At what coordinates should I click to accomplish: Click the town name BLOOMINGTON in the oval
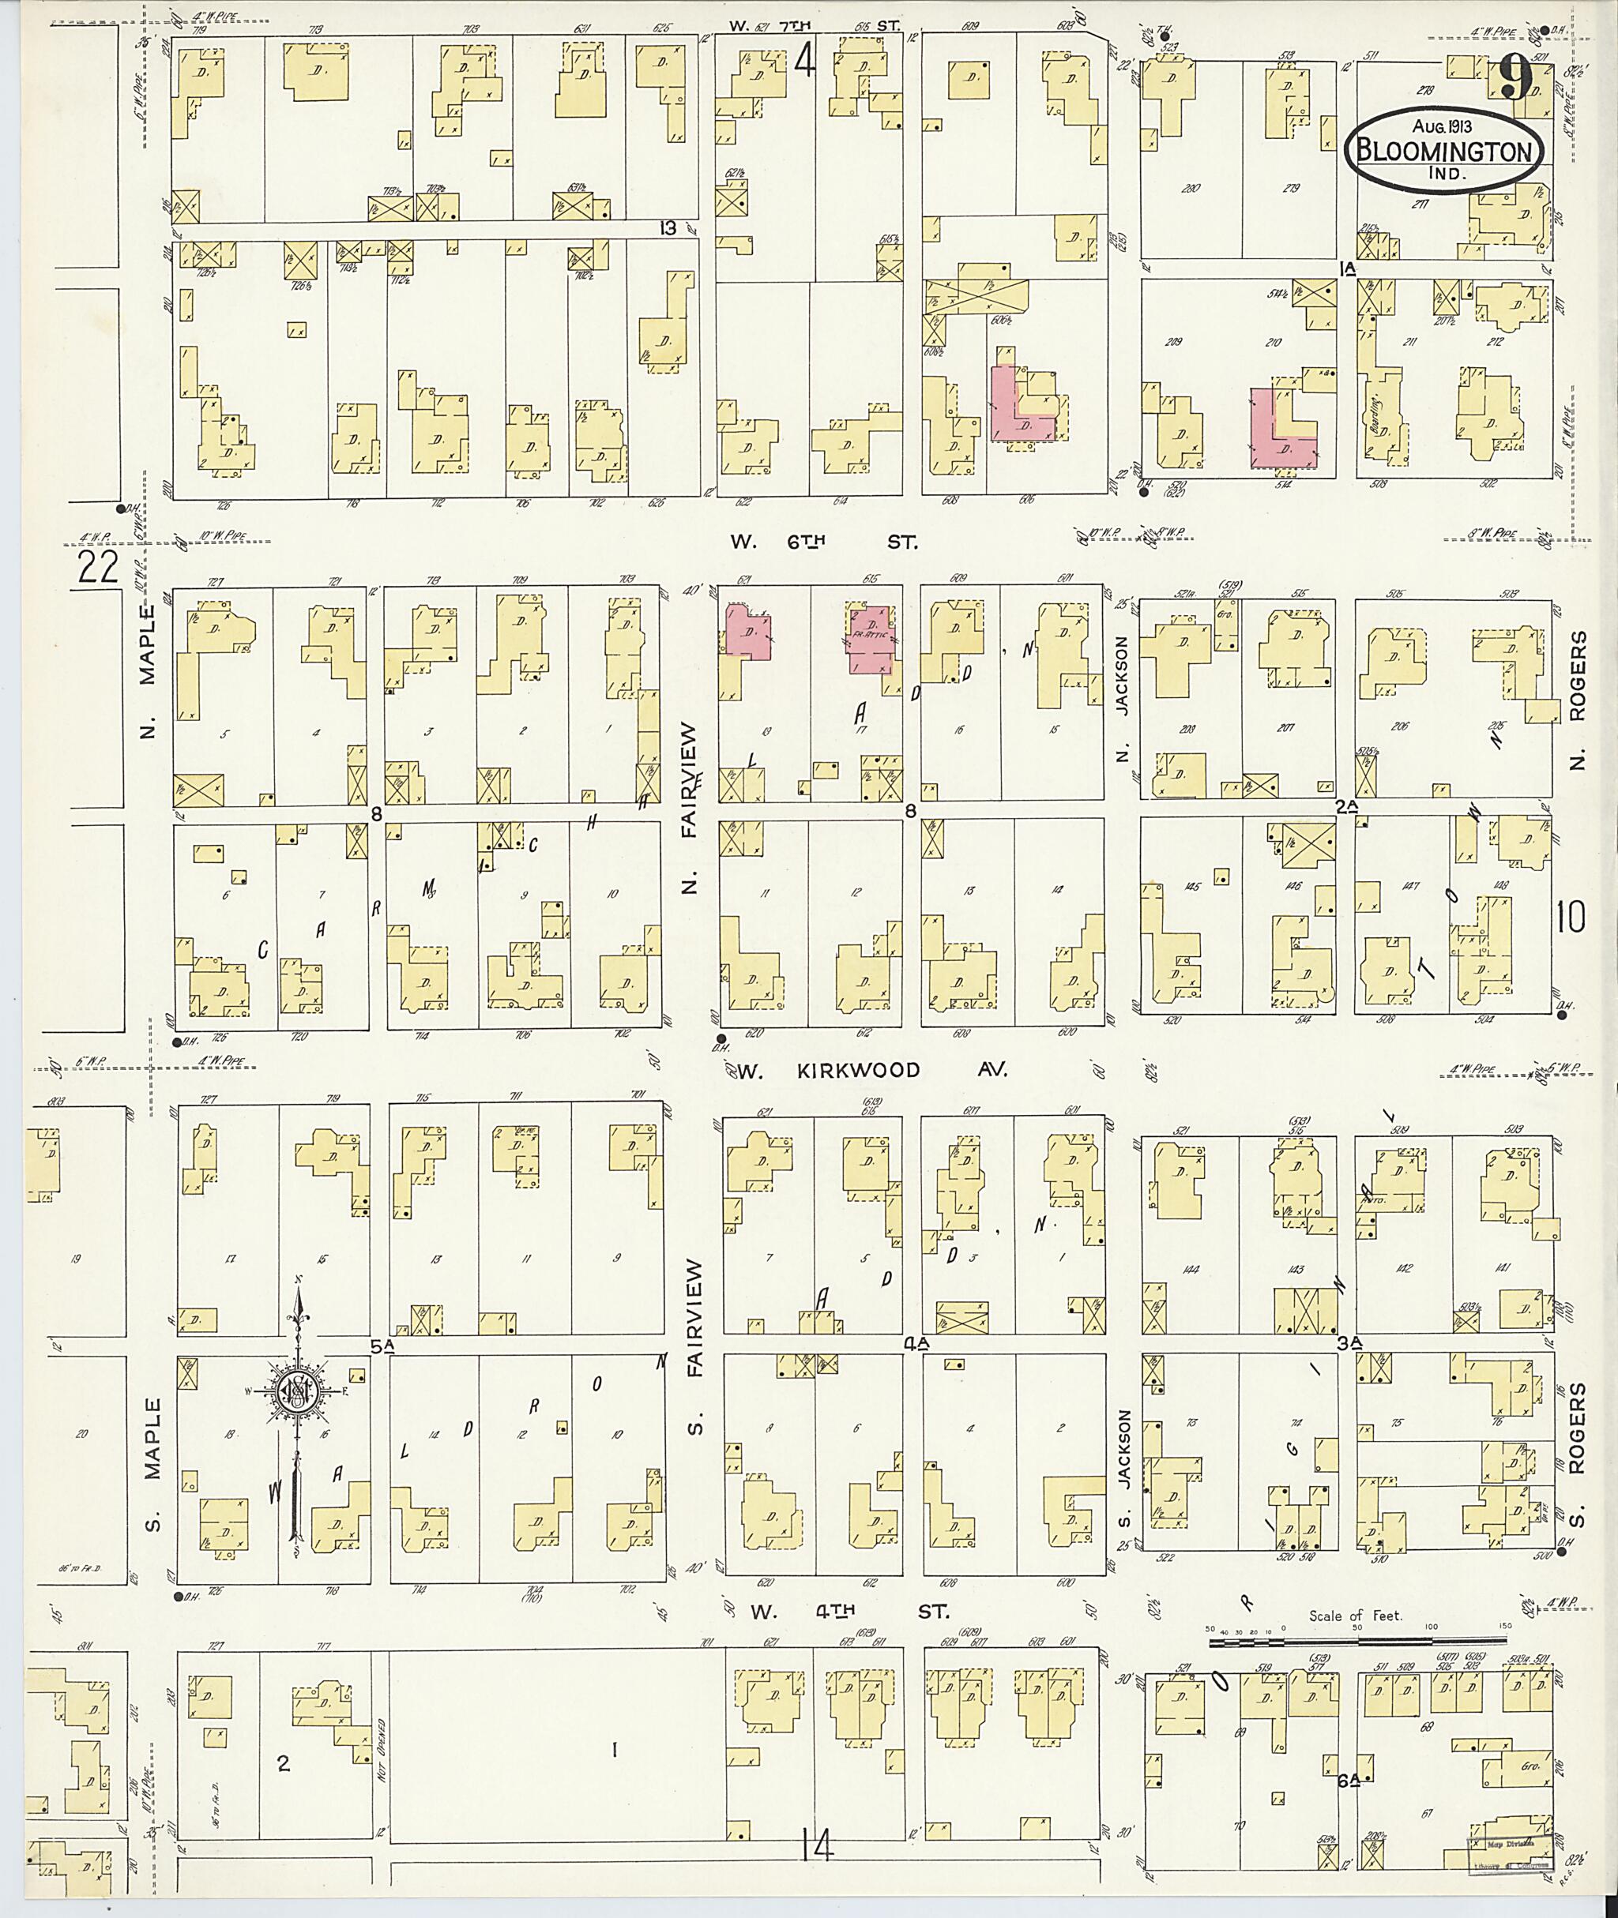pyautogui.click(x=1447, y=150)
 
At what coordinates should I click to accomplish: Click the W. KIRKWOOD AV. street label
pyautogui.click(x=871, y=1070)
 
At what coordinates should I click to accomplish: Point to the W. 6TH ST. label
pyautogui.click(x=824, y=542)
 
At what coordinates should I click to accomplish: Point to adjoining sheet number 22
pyautogui.click(x=98, y=569)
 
